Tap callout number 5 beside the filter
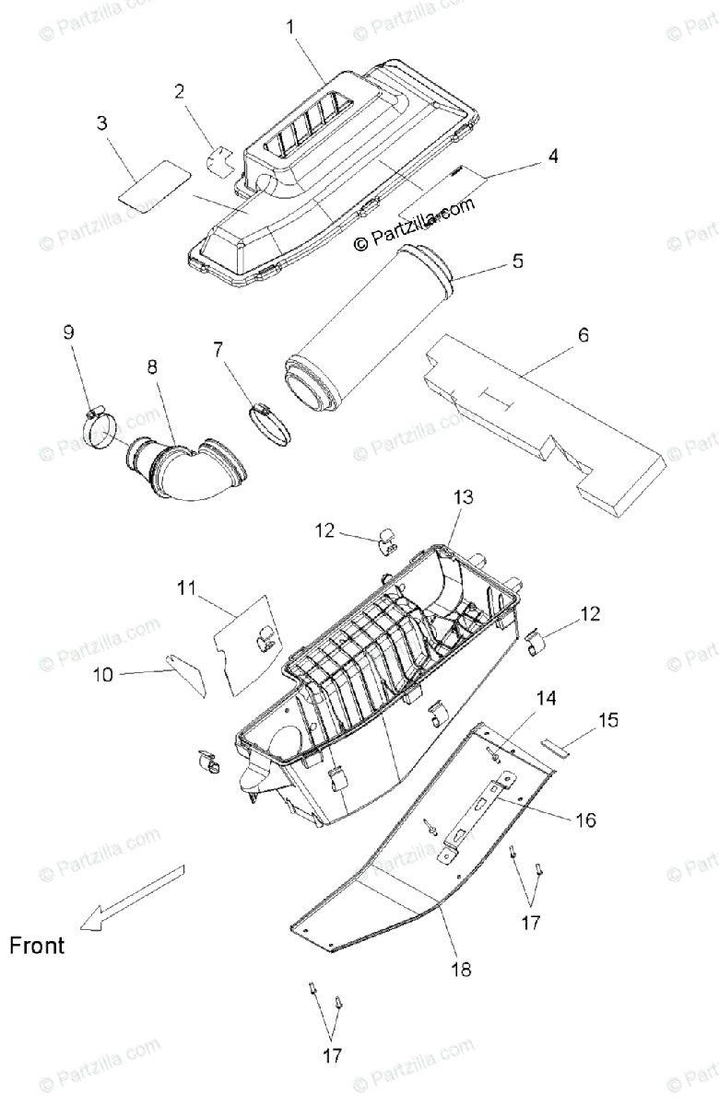click(x=517, y=262)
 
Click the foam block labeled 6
click(x=544, y=414)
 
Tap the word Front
click(x=38, y=945)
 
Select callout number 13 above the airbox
click(x=463, y=497)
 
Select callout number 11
click(x=187, y=587)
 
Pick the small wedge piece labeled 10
click(x=188, y=670)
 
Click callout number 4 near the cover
click(x=552, y=157)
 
